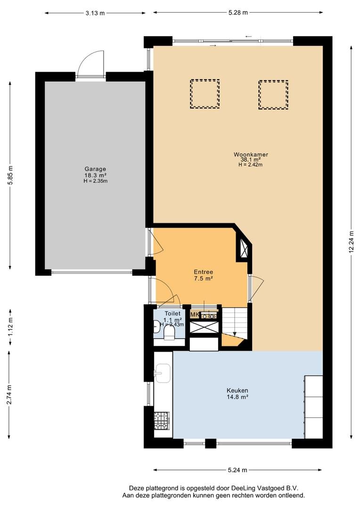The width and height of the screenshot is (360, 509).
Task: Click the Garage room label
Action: tap(95, 169)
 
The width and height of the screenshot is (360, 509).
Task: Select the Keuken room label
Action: tap(237, 391)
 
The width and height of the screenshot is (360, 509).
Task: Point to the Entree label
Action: tap(203, 272)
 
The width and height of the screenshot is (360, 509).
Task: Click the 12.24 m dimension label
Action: tap(351, 242)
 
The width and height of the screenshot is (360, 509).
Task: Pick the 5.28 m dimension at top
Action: tap(238, 13)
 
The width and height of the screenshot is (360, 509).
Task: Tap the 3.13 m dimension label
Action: tap(95, 13)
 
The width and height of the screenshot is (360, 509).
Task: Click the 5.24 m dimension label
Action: tap(237, 470)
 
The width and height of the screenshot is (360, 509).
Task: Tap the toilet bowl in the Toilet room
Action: tap(169, 332)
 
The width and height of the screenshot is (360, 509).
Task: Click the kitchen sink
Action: tap(162, 373)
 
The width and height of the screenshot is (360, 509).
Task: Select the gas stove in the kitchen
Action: tap(162, 420)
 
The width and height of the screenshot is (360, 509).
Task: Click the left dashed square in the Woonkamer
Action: tap(205, 94)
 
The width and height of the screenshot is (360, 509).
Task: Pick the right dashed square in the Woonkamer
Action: tap(273, 95)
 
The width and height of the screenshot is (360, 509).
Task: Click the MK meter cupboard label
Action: tap(195, 314)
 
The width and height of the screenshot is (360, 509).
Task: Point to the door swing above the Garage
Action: tap(91, 64)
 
